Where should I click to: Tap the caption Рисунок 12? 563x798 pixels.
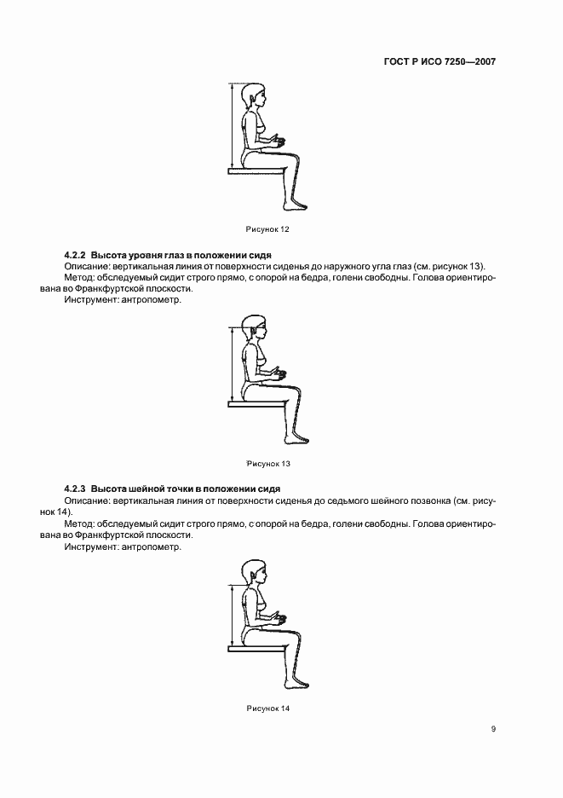[x=267, y=228]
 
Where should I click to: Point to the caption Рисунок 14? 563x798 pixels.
[x=267, y=708]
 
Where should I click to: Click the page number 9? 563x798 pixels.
[x=493, y=728]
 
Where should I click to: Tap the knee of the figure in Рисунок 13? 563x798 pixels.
[x=295, y=392]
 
